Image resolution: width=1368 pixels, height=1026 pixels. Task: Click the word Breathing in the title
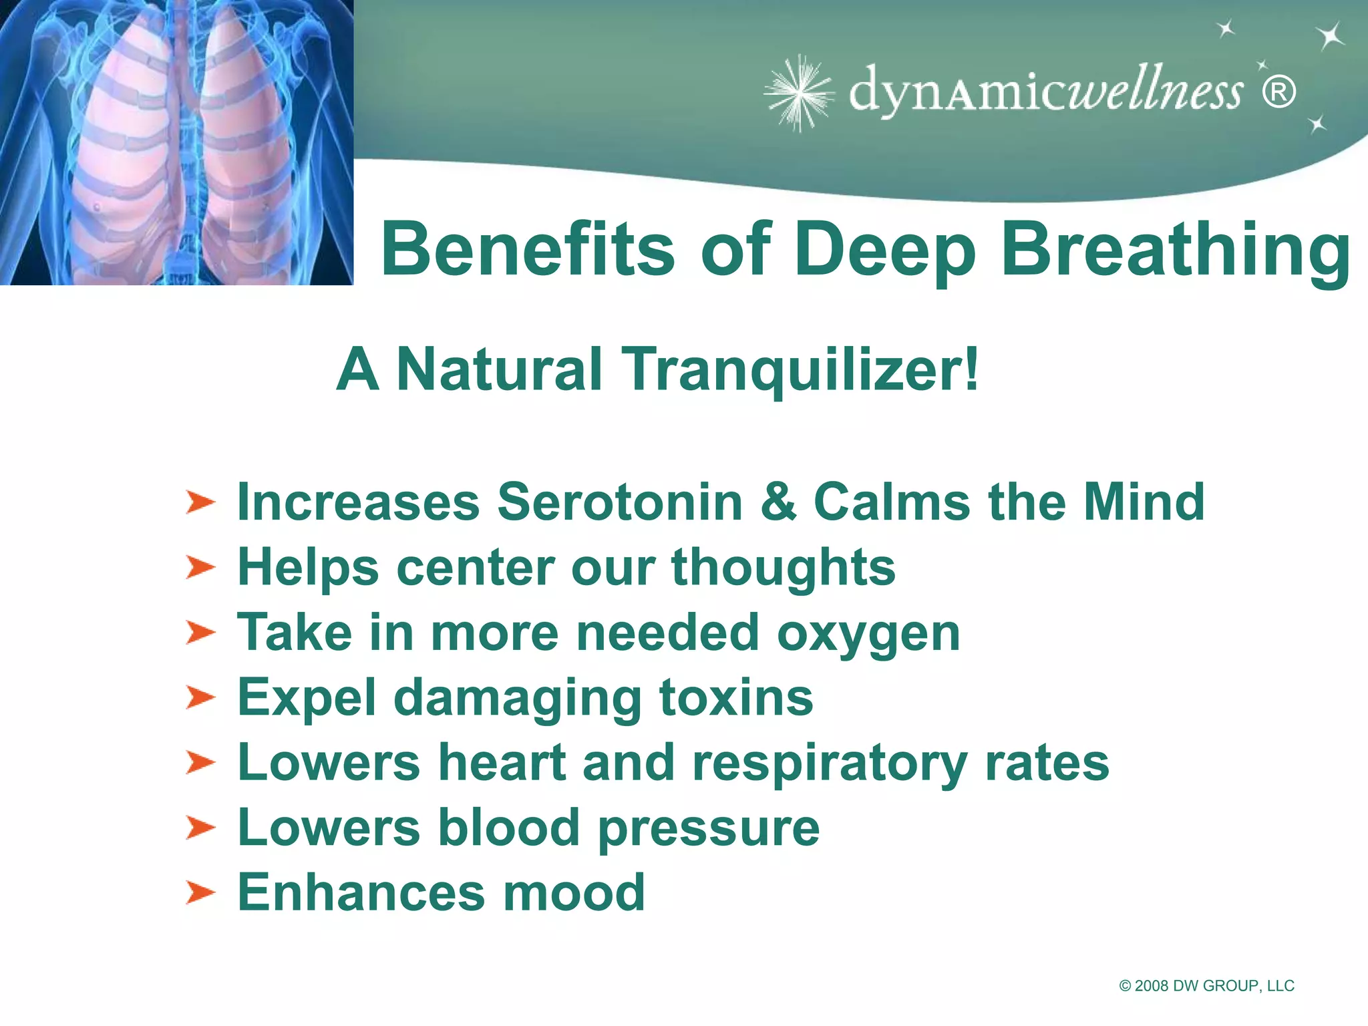[x=1176, y=250]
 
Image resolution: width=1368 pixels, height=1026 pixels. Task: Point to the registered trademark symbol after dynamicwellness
[x=1278, y=93]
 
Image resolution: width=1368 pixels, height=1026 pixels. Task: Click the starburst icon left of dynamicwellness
[x=799, y=93]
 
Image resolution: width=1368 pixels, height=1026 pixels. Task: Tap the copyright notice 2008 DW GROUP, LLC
[x=1206, y=986]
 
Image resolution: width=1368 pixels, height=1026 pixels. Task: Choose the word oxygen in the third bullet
[x=868, y=633]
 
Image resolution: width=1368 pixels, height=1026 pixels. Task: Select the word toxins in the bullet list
[x=736, y=697]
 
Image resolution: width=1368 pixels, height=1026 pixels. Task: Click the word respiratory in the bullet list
[x=830, y=763]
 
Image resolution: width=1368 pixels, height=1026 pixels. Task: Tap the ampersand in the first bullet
[x=778, y=502]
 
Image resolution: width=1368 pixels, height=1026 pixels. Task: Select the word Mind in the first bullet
[x=1144, y=502]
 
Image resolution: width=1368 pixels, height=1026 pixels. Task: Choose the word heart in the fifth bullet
[x=502, y=763]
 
